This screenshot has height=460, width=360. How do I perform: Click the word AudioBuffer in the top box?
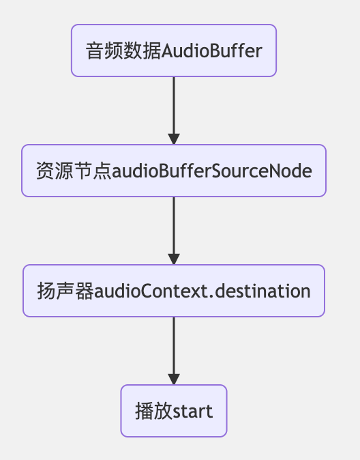(211, 51)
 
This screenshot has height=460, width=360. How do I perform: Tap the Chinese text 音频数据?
(123, 51)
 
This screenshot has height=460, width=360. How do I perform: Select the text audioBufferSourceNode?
(212, 171)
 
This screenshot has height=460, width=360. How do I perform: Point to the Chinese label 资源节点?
(74, 171)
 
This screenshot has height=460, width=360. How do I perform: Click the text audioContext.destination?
(202, 291)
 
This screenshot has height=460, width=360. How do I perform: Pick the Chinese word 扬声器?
(65, 291)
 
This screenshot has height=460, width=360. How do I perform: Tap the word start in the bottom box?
(192, 412)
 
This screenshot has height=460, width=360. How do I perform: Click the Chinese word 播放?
(153, 411)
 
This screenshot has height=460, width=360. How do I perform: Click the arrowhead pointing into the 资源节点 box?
(174, 139)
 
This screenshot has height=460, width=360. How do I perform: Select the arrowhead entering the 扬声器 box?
(174, 259)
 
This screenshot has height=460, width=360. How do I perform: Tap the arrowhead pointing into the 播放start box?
(174, 379)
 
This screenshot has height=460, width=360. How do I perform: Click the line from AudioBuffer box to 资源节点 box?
(174, 105)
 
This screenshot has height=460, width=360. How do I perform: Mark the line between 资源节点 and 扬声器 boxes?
(174, 225)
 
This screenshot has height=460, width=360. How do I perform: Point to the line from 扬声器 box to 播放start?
(174, 345)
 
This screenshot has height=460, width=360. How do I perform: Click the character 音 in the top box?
(95, 51)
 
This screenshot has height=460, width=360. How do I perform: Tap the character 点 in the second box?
(102, 171)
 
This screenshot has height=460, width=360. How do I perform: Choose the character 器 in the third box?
(85, 291)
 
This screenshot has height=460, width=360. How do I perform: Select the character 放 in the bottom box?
(163, 411)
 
